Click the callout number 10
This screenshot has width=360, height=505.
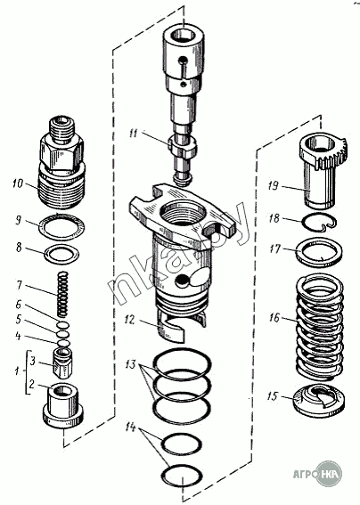pyautogui.click(x=18, y=183)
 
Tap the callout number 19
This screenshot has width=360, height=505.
pyautogui.click(x=274, y=186)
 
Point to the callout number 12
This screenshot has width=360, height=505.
pyautogui.click(x=129, y=320)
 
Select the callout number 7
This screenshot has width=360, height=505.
pyautogui.click(x=19, y=285)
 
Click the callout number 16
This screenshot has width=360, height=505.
pyautogui.click(x=274, y=317)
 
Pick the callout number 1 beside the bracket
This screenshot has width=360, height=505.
pyautogui.click(x=17, y=371)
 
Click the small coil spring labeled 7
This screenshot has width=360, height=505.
pyautogui.click(x=62, y=294)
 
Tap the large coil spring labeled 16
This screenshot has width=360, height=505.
pyautogui.click(x=319, y=327)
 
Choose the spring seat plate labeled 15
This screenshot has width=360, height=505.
pyautogui.click(x=319, y=400)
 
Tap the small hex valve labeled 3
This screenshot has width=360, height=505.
pyautogui.click(x=63, y=362)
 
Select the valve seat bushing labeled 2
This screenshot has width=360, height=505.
pyautogui.click(x=64, y=406)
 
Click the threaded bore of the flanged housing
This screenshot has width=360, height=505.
pyautogui.click(x=183, y=213)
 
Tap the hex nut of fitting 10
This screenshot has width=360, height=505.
pyautogui.click(x=62, y=152)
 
